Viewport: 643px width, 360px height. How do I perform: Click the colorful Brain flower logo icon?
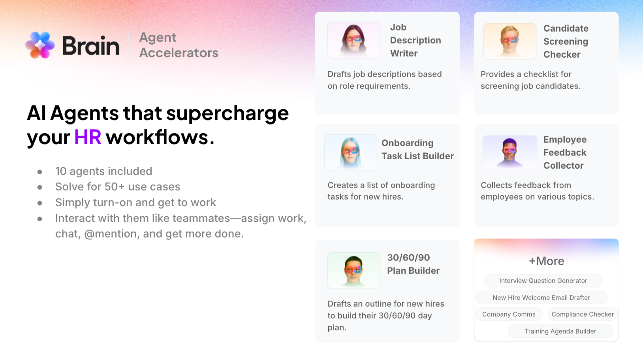tap(40, 45)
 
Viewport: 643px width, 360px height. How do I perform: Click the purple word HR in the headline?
tap(88, 138)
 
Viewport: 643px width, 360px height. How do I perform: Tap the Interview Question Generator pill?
tap(543, 281)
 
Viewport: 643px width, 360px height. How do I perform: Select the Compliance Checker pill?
tap(583, 314)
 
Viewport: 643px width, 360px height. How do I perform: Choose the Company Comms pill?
tap(509, 314)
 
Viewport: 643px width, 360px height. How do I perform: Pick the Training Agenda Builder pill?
tap(560, 331)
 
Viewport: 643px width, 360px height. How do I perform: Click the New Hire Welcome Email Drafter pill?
tap(541, 298)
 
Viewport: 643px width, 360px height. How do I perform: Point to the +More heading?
tap(546, 261)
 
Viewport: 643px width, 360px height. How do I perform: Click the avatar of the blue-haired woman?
tap(351, 153)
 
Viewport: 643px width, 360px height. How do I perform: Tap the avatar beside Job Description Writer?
tap(353, 40)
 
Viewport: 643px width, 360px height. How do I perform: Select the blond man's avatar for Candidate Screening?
tap(510, 41)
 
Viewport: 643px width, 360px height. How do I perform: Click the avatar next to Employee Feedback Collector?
tap(510, 152)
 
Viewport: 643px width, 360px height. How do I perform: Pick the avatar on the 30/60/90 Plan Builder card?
tap(353, 270)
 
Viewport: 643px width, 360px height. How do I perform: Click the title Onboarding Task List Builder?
tap(417, 150)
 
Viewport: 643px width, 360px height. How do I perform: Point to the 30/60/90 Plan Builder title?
tap(413, 264)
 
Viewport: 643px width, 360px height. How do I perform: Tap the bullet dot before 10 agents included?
tap(39, 172)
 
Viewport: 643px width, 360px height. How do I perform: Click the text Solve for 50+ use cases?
tap(118, 187)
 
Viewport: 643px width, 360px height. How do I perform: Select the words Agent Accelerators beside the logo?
tap(179, 45)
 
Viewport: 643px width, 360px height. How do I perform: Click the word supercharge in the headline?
tap(227, 113)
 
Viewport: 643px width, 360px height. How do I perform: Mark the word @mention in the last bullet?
tap(110, 234)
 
